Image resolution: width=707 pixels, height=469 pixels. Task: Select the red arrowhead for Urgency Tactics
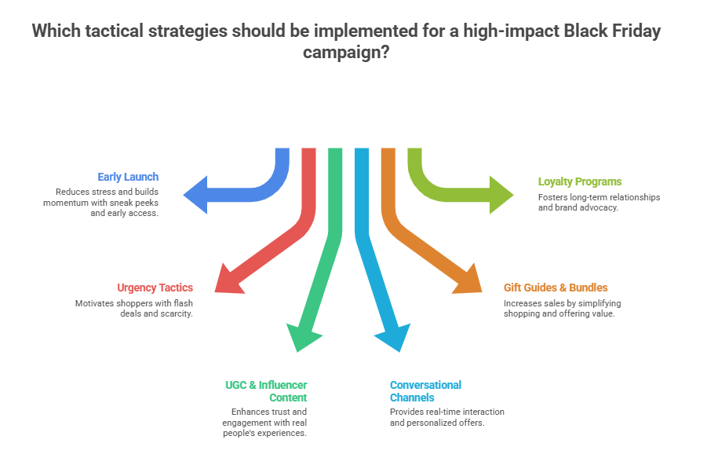pyautogui.click(x=228, y=280)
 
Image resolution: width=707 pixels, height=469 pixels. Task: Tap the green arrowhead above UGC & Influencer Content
pyautogui.click(x=303, y=336)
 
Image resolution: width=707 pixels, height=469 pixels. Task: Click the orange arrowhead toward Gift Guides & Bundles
pyautogui.click(x=468, y=280)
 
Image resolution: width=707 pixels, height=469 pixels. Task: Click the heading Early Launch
pyautogui.click(x=128, y=177)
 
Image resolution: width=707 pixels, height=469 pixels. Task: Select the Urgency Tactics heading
pyautogui.click(x=155, y=288)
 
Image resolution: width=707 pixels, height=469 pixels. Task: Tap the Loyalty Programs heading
pyautogui.click(x=580, y=181)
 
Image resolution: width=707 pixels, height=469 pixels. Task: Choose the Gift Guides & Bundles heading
pyautogui.click(x=556, y=288)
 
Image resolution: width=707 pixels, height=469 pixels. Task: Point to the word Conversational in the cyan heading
pyautogui.click(x=425, y=385)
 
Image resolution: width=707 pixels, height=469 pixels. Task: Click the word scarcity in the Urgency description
pyautogui.click(x=174, y=313)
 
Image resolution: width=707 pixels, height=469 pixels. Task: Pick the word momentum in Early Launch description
pyautogui.click(x=67, y=203)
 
